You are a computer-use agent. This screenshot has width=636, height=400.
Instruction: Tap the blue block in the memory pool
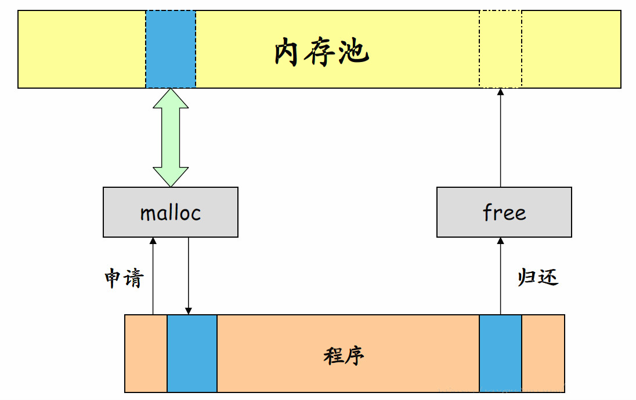click(171, 49)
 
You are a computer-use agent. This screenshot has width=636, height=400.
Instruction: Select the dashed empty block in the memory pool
click(500, 49)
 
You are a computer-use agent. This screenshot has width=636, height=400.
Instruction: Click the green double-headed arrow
click(171, 137)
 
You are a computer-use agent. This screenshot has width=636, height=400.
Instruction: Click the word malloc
click(171, 213)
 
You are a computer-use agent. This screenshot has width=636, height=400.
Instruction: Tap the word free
click(504, 212)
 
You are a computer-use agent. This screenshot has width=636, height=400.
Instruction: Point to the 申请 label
click(124, 279)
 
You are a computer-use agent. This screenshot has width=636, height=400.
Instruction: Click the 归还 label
click(538, 277)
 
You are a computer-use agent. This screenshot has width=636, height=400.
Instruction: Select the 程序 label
click(344, 355)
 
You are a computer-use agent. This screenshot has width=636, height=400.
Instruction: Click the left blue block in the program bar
click(192, 354)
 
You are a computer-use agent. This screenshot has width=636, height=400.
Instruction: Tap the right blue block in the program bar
click(500, 354)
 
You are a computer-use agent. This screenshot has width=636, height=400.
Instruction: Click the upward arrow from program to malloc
click(153, 276)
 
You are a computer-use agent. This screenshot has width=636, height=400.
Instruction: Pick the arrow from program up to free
click(500, 276)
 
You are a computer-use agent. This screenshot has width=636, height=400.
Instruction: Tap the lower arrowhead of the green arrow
click(171, 176)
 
